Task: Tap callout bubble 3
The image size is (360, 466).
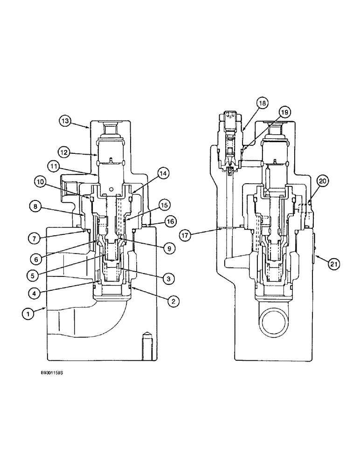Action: tap(169, 279)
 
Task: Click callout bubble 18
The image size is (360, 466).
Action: tap(262, 103)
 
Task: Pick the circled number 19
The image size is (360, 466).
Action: tap(284, 112)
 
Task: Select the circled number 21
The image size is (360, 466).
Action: tap(333, 264)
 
